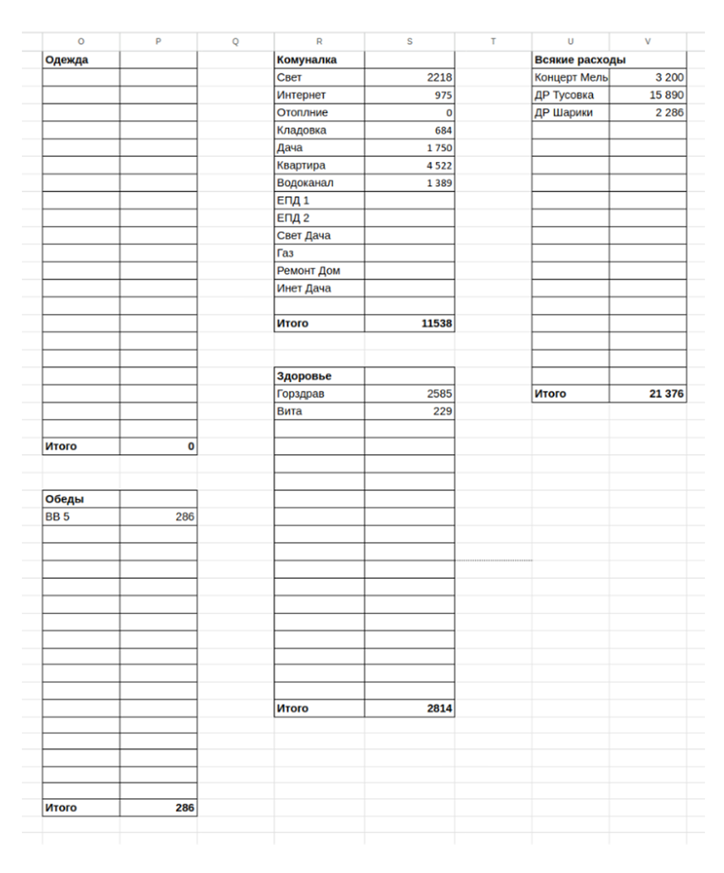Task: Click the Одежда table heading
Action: point(67,60)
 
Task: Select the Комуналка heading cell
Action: point(306,60)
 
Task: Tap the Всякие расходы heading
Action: point(580,60)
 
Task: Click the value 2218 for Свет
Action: point(439,78)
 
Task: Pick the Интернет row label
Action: point(301,95)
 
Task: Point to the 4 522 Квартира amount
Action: point(439,166)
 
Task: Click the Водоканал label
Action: point(305,183)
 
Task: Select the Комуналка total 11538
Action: point(436,324)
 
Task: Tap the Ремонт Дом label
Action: point(308,271)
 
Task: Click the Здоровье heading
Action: point(304,376)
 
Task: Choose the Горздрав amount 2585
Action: point(439,394)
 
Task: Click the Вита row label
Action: point(289,411)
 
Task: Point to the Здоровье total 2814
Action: point(439,708)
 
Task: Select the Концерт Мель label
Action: point(571,78)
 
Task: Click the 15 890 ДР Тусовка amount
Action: point(666,95)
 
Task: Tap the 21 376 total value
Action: point(666,394)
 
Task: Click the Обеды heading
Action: point(64,499)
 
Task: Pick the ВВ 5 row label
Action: point(57,517)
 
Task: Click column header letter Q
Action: point(235,42)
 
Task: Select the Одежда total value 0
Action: point(191,446)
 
